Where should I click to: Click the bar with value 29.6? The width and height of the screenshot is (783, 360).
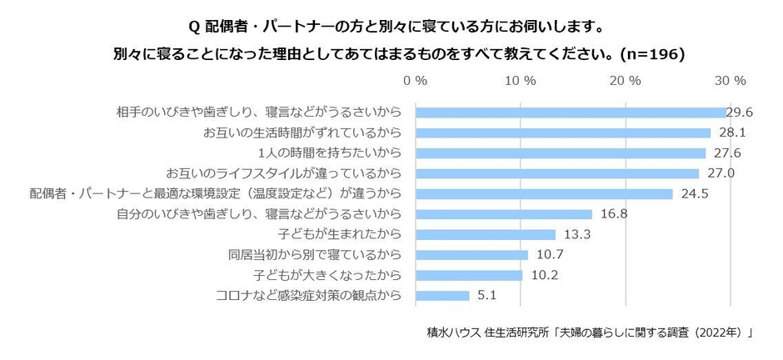click(570, 112)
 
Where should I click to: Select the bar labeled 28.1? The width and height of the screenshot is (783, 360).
click(562, 132)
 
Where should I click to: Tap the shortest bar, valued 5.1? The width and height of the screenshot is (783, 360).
click(441, 295)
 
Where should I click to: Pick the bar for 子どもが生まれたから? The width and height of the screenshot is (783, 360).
click(485, 234)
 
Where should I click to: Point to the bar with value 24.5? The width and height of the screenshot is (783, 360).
click(543, 193)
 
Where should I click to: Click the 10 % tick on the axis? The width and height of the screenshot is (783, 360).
click(521, 81)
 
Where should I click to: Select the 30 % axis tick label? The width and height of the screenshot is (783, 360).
click(731, 81)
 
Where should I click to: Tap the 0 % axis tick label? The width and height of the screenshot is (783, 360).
click(415, 81)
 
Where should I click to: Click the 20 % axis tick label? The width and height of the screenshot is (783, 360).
click(626, 81)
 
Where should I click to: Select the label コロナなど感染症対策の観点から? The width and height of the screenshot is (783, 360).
click(309, 295)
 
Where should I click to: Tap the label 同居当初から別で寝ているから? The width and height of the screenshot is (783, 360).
click(315, 255)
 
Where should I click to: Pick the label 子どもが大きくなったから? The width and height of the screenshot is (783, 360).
click(327, 275)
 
